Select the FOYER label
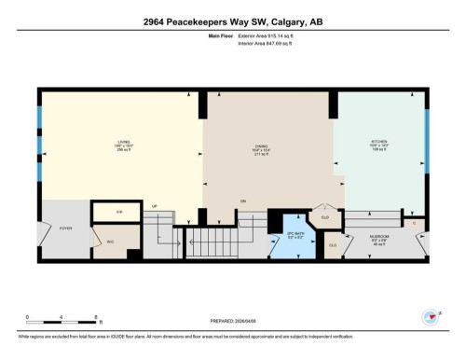[x=66, y=227]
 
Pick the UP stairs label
[x=155, y=205]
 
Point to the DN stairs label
[x=242, y=201]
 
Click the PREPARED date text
[x=233, y=315]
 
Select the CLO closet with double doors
[x=324, y=217]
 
